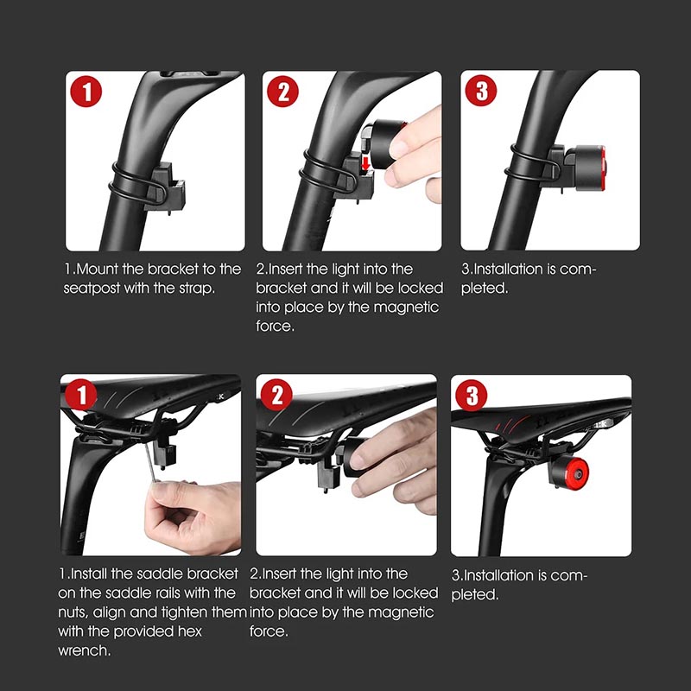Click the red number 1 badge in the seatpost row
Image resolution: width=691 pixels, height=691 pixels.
pos(86,92)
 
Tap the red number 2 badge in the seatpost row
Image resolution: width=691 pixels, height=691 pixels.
pos(283,92)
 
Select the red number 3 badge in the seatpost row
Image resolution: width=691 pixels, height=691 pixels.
pos(481,91)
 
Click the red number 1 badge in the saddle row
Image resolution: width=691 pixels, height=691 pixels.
pos(80,395)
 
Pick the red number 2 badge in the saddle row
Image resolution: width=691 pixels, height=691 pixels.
pos(276,395)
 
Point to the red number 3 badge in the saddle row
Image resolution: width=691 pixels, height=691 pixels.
pos(471,396)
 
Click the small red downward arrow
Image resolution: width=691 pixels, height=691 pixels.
pos(365,163)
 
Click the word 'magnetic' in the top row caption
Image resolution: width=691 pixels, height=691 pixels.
pos(406,307)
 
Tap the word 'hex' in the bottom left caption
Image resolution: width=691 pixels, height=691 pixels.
pos(189,631)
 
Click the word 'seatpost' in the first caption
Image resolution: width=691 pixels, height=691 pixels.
pos(92,288)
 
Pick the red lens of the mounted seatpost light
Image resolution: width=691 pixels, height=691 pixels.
pos(602,168)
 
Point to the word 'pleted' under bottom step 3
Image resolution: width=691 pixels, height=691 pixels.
pos(474,595)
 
